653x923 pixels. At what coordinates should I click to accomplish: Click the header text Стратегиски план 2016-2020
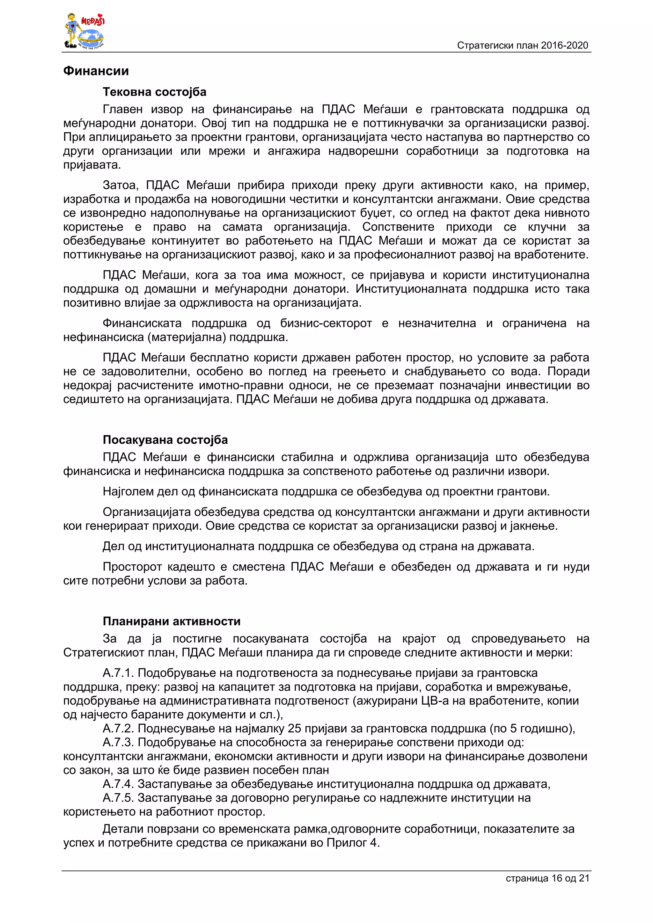pos(522,46)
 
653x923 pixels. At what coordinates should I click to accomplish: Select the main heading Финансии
pos(96,71)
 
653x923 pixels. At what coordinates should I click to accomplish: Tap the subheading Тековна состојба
pos(154,92)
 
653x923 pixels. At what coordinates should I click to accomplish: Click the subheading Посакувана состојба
pos(165,440)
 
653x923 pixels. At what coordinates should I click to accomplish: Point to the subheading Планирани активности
pos(172,621)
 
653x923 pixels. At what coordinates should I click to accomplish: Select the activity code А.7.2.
pos(118,729)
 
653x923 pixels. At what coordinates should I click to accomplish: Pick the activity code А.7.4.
pos(118,784)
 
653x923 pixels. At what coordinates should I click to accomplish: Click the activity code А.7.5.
pos(118,798)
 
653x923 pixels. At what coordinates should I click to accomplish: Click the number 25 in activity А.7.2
pos(295,729)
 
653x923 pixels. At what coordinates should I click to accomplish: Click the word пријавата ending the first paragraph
pos(92,165)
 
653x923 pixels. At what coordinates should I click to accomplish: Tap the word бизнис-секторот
pos(326,323)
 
